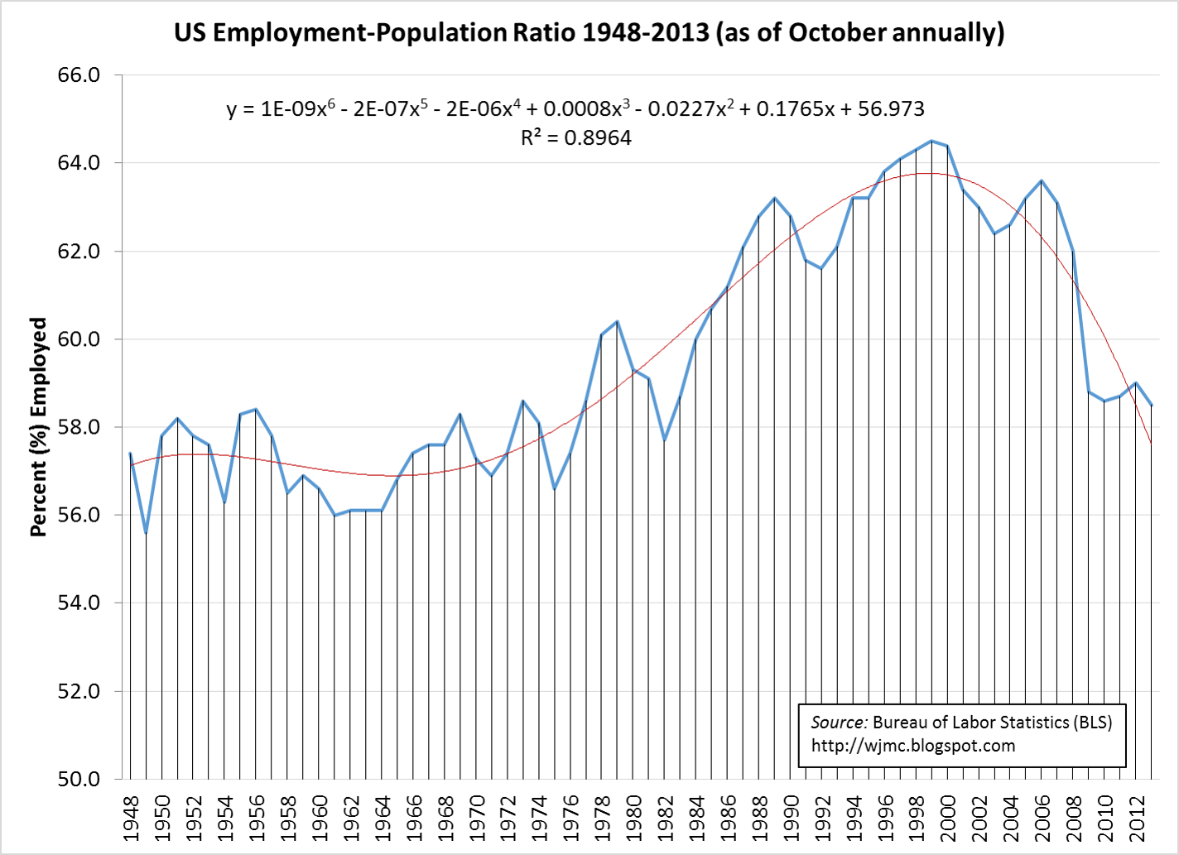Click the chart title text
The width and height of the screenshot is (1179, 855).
click(589, 33)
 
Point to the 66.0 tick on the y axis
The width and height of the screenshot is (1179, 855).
click(79, 75)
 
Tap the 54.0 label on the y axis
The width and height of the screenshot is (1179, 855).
click(79, 603)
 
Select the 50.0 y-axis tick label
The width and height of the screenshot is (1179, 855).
click(79, 779)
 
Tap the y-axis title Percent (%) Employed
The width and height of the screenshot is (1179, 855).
click(38, 427)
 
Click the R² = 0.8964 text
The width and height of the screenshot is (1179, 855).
click(576, 138)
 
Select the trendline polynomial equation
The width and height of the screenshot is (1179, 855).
click(575, 108)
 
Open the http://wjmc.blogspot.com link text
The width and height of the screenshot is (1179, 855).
click(913, 746)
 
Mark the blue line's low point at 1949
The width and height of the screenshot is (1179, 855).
click(146, 532)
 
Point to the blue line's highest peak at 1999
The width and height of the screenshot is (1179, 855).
click(931, 141)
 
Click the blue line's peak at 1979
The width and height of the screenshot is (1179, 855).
click(618, 321)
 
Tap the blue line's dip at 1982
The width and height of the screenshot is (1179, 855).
click(665, 440)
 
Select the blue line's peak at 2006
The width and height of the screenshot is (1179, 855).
click(1042, 180)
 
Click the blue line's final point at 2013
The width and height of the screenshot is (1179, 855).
click(1152, 406)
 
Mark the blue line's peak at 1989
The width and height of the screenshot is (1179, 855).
click(775, 198)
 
